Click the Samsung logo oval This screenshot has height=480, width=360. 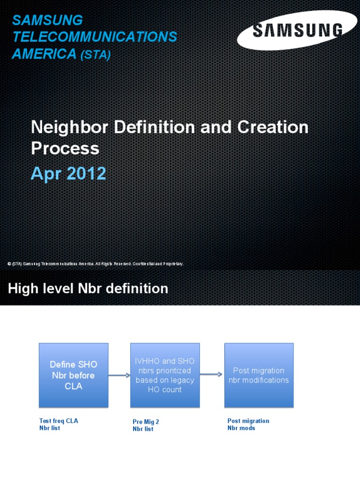[296, 31]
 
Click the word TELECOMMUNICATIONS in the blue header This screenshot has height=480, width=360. [95, 37]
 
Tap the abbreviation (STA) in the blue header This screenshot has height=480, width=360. [96, 55]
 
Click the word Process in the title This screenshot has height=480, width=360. [65, 148]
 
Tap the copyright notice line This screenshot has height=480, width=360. [96, 264]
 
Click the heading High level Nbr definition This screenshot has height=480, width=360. [88, 289]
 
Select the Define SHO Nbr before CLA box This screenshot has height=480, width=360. [74, 375]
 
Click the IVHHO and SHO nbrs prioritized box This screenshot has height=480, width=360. [165, 375]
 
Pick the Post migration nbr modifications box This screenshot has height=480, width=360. [259, 375]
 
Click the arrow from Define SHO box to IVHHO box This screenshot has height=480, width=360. [119, 375]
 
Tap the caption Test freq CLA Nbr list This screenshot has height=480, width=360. [59, 424]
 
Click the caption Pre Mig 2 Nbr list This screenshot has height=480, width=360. [146, 425]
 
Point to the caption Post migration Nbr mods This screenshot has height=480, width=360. [248, 424]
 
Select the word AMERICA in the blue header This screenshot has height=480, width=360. [44, 54]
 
